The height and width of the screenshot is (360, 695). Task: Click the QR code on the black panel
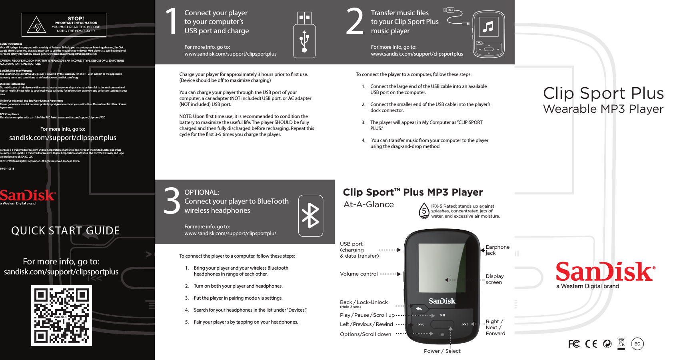click(x=62, y=316)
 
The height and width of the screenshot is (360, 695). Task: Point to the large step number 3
click(x=172, y=201)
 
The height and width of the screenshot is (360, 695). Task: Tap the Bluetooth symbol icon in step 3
click(x=310, y=216)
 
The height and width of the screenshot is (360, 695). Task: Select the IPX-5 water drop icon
click(x=424, y=211)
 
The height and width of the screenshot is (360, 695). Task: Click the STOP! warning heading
click(x=76, y=18)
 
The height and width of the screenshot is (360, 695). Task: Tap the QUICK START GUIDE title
click(x=66, y=231)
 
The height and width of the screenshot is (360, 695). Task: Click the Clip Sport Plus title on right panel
click(x=603, y=93)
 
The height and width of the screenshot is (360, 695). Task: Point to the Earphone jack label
click(x=497, y=250)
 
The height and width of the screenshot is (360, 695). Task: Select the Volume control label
click(x=359, y=274)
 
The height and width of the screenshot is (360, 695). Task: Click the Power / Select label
click(x=442, y=351)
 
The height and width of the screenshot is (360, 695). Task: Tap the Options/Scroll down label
click(x=365, y=334)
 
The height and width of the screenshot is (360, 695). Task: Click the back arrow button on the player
click(x=419, y=309)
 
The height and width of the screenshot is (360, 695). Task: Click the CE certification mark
click(x=591, y=344)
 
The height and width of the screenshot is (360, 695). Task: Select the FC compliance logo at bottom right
click(x=574, y=344)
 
